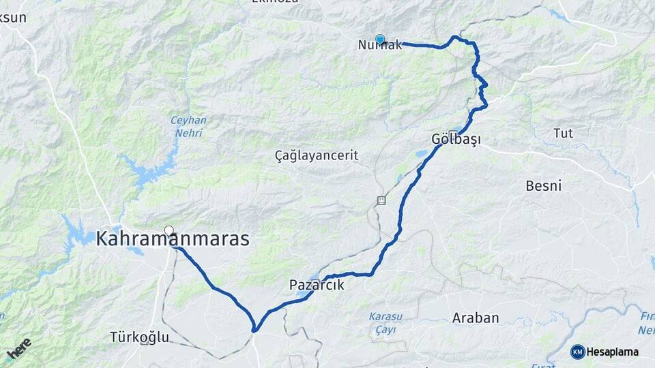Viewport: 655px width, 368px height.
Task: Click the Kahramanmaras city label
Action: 173,239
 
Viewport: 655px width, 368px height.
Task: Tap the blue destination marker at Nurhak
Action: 380,40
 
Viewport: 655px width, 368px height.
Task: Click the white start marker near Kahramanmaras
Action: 169,230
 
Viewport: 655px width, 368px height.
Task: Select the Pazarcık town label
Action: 317,285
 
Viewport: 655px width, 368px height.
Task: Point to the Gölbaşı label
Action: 456,140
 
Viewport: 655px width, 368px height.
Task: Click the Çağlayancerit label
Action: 316,155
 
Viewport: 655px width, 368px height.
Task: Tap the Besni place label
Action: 544,185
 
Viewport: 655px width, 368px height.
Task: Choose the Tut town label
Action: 563,132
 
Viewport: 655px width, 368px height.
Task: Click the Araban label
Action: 476,318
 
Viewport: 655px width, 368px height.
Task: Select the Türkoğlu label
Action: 139,337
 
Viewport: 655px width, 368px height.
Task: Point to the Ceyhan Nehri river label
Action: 189,126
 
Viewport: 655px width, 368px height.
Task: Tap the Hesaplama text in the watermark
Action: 613,352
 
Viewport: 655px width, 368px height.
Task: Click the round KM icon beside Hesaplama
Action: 578,352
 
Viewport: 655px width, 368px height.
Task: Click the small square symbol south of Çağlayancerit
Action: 381,200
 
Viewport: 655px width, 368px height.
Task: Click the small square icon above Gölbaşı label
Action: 453,132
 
